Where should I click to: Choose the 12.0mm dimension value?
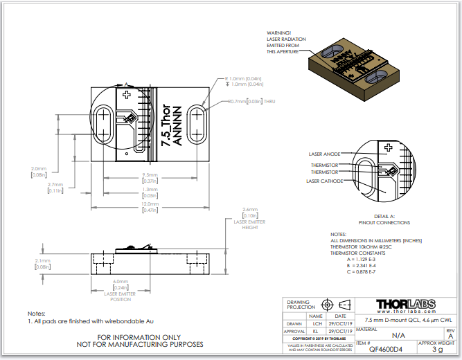pos(150,204)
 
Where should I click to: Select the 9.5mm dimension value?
pos(150,174)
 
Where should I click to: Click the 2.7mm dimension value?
pos(55,185)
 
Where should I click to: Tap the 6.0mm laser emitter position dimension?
pos(121,281)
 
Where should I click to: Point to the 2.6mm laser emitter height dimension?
pos(249,209)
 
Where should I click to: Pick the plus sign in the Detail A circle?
pos(389,147)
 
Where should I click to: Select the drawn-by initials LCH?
pos(317,323)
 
